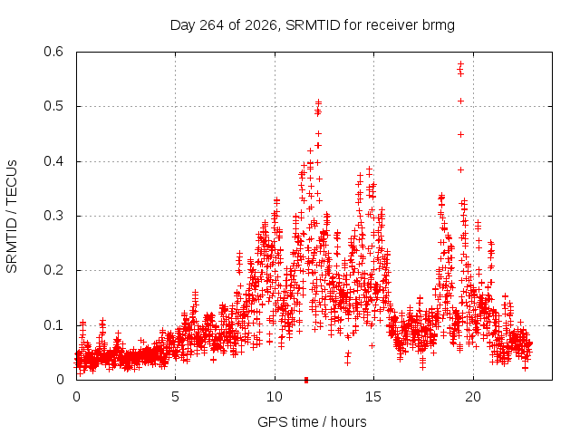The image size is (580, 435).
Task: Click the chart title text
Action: coord(312,25)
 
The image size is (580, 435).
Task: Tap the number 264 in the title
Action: coord(211,25)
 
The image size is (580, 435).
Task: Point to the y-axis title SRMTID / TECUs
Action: coord(12,217)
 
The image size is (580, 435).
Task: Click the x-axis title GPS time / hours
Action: coord(312,421)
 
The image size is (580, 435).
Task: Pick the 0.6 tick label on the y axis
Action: coord(53,52)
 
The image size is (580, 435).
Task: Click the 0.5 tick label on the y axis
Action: coord(53,106)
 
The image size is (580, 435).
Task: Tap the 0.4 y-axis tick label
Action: coord(53,161)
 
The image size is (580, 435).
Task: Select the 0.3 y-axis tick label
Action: coord(53,216)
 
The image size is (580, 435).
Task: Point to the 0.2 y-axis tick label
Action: coord(53,270)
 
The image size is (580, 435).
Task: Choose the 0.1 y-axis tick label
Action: coord(53,325)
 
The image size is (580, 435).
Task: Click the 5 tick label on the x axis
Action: coord(175,397)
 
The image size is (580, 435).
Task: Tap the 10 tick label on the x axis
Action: coord(275,397)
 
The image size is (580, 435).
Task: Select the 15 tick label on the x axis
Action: coord(373,397)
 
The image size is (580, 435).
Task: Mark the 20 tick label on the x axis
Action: coord(473,397)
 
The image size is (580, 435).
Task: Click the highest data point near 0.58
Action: coord(460,63)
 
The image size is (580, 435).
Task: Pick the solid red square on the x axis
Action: coord(306,380)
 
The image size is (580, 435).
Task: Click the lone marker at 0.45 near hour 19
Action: coord(460,135)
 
